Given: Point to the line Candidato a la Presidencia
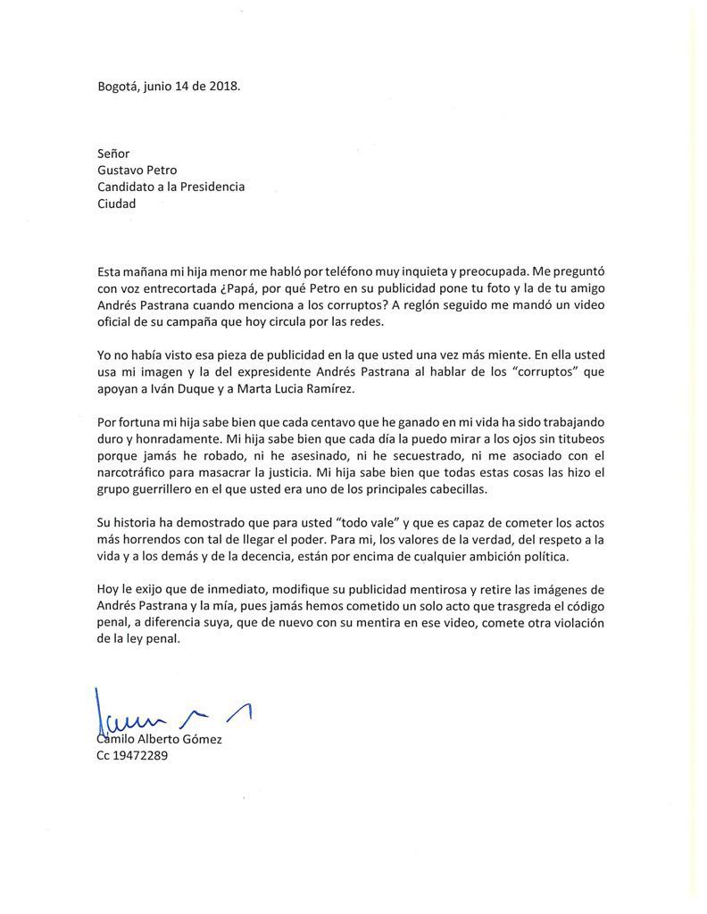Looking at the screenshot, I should tap(171, 187).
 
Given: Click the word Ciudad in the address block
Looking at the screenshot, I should tap(117, 204).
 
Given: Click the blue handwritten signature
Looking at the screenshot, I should tap(170, 711).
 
